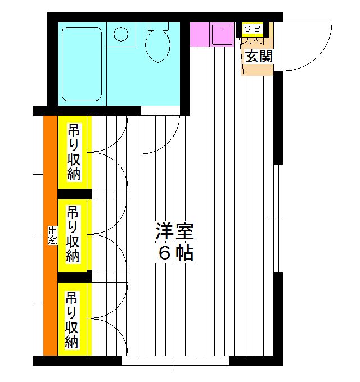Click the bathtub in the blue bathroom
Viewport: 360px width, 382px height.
pos(82,63)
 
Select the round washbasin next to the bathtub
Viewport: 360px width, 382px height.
pos(120,34)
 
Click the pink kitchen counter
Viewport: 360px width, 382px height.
pos(200,34)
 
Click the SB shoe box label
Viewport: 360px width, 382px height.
pos(252,28)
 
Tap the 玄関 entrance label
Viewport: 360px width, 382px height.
pos(258,56)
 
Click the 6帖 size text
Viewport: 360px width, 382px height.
pos(175,253)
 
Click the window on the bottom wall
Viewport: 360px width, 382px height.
pos(175,360)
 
